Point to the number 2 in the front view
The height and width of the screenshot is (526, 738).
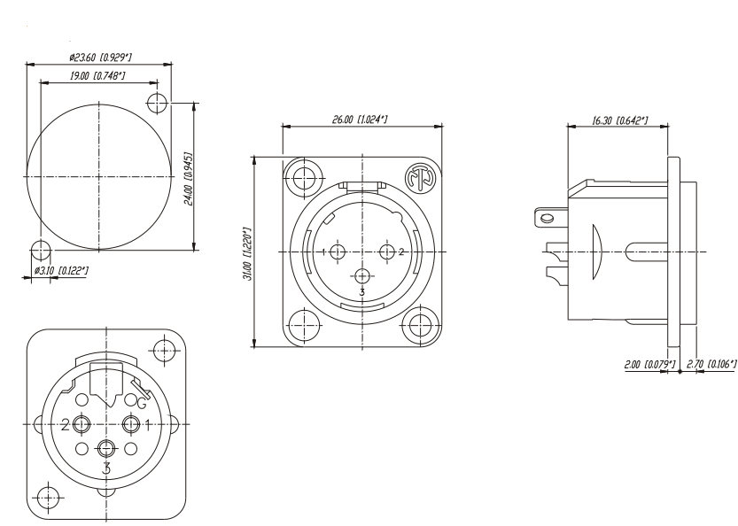pos(401,252)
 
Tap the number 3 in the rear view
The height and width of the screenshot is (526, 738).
pos(106,468)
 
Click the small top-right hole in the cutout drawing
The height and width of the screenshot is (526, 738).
pos(159,102)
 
